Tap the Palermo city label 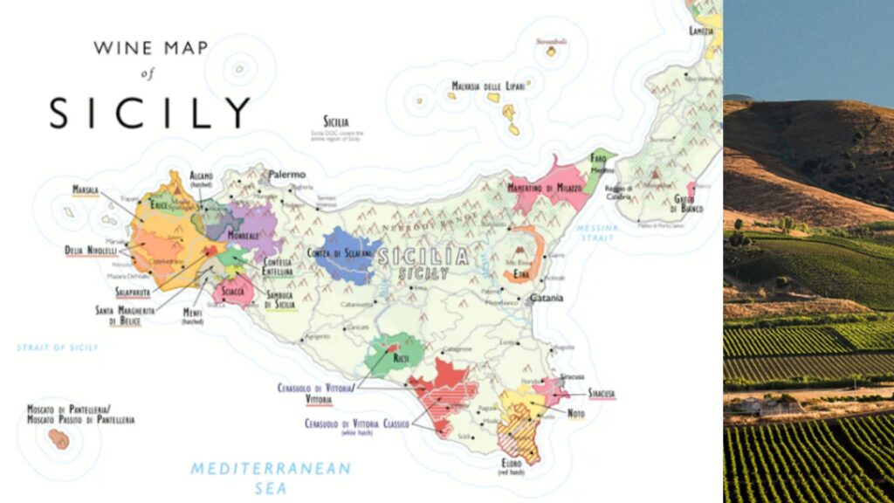286,175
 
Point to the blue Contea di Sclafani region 347,254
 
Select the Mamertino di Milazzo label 544,188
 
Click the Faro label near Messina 598,157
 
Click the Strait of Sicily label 58,348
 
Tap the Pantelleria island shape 59,438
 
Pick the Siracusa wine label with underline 601,393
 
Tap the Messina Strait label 598,232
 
